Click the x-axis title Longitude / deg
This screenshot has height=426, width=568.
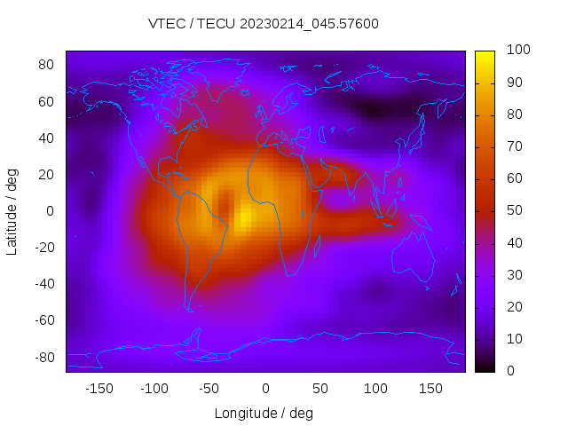[264, 413]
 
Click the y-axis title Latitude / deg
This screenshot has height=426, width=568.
[12, 211]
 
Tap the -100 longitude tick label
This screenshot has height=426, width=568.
[154, 388]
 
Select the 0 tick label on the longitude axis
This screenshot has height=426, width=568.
[264, 388]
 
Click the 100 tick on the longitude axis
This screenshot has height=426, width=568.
[375, 388]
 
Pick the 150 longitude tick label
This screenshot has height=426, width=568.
[430, 388]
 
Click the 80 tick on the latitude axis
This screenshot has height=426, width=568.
[47, 65]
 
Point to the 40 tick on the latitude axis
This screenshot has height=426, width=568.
[47, 138]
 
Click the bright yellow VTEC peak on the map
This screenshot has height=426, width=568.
[245, 217]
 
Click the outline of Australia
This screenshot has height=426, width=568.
[414, 257]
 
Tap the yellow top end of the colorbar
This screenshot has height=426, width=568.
[485, 58]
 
